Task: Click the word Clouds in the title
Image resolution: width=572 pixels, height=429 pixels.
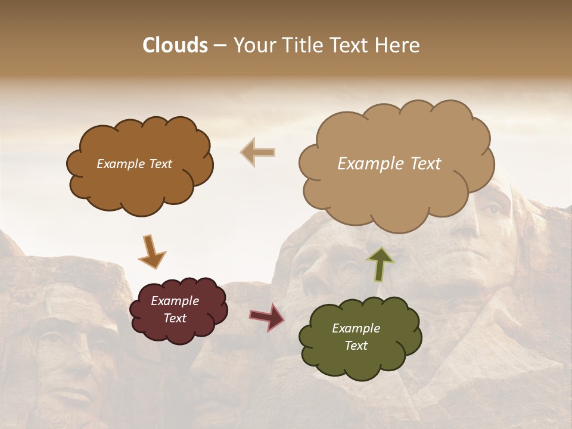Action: click(175, 45)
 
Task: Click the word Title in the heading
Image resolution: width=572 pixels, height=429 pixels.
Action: click(301, 45)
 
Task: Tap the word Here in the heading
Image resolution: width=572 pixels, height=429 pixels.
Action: click(398, 45)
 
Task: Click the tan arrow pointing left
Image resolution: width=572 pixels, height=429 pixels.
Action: click(258, 153)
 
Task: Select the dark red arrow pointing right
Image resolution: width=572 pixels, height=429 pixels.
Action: click(266, 317)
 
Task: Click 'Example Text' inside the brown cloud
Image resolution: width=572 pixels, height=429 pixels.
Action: click(134, 164)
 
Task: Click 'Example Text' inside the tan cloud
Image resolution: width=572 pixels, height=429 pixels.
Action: click(389, 164)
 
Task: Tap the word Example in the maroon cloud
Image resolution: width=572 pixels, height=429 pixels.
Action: click(175, 301)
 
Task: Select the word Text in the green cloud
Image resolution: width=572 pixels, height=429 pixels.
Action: click(356, 346)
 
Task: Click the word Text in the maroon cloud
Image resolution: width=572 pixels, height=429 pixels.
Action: click(175, 318)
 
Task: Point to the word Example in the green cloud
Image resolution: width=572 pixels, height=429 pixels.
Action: click(356, 328)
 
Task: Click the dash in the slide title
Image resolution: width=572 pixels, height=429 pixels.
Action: click(220, 45)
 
